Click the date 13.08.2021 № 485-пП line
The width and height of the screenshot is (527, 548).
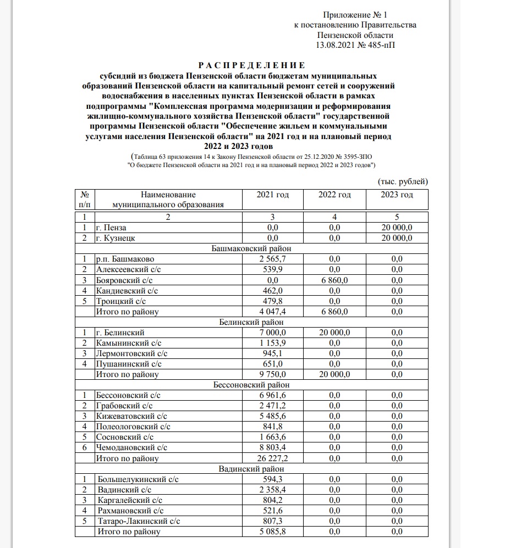tap(356, 45)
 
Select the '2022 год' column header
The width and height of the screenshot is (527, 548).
tap(334, 195)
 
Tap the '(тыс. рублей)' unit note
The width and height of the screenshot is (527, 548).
tap(402, 181)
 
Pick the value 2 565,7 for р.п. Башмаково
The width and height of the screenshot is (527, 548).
tap(273, 259)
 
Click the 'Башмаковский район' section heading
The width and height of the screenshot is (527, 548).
tap(251, 248)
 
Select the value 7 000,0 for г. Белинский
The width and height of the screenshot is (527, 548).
tap(273, 333)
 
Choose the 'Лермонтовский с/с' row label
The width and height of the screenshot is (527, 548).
tap(131, 353)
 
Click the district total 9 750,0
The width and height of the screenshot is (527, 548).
tap(273, 374)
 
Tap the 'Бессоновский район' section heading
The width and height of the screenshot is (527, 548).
tap(251, 385)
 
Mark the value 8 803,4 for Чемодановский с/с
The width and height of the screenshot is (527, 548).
tap(273, 447)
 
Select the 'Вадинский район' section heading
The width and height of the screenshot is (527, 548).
tap(251, 469)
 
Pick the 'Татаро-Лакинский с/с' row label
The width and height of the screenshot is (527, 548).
tap(138, 521)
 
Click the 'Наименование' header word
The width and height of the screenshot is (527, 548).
tap(168, 195)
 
